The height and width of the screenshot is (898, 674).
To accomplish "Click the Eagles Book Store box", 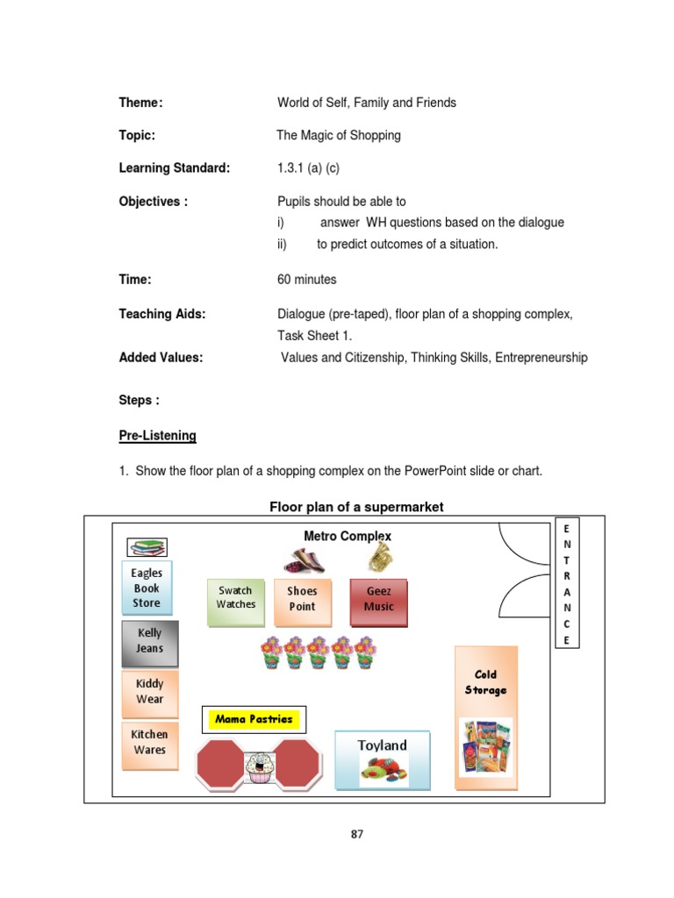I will point(147,588).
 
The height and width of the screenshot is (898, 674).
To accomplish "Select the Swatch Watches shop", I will point(236,601).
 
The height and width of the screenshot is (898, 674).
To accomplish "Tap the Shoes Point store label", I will point(302,601).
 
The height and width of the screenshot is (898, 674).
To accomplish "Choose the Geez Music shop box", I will point(379,601).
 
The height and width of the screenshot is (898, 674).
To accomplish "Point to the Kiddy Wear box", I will point(149,692).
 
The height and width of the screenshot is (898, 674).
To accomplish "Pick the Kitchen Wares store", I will point(149,743).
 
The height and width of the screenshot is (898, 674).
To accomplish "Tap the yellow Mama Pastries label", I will point(254,720).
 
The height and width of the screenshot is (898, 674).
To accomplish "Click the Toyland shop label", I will point(383,745).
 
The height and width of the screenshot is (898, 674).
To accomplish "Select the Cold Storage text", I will point(485,682).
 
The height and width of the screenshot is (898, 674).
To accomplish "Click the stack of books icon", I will point(147,548).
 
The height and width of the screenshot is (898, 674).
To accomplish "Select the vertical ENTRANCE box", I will point(567,584).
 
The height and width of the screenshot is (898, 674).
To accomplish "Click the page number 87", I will point(356,834).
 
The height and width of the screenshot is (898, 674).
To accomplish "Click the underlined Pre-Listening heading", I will point(158,436).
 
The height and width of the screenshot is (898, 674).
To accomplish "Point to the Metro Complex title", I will point(348,536).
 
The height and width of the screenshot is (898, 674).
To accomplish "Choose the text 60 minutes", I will point(307,280).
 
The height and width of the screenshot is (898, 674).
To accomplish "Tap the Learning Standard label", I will point(175,168).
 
